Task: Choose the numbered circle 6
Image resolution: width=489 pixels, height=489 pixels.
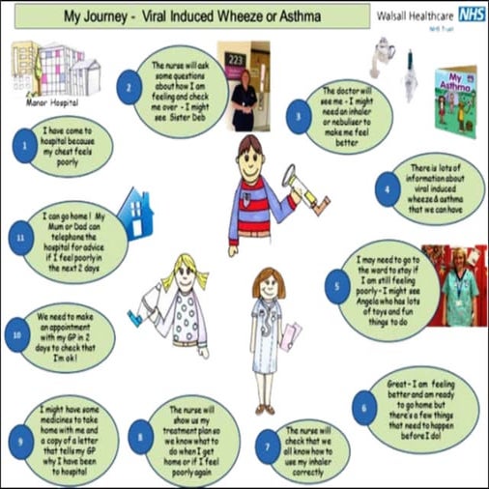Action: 363,407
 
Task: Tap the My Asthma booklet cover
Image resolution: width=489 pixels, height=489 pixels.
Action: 455,92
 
